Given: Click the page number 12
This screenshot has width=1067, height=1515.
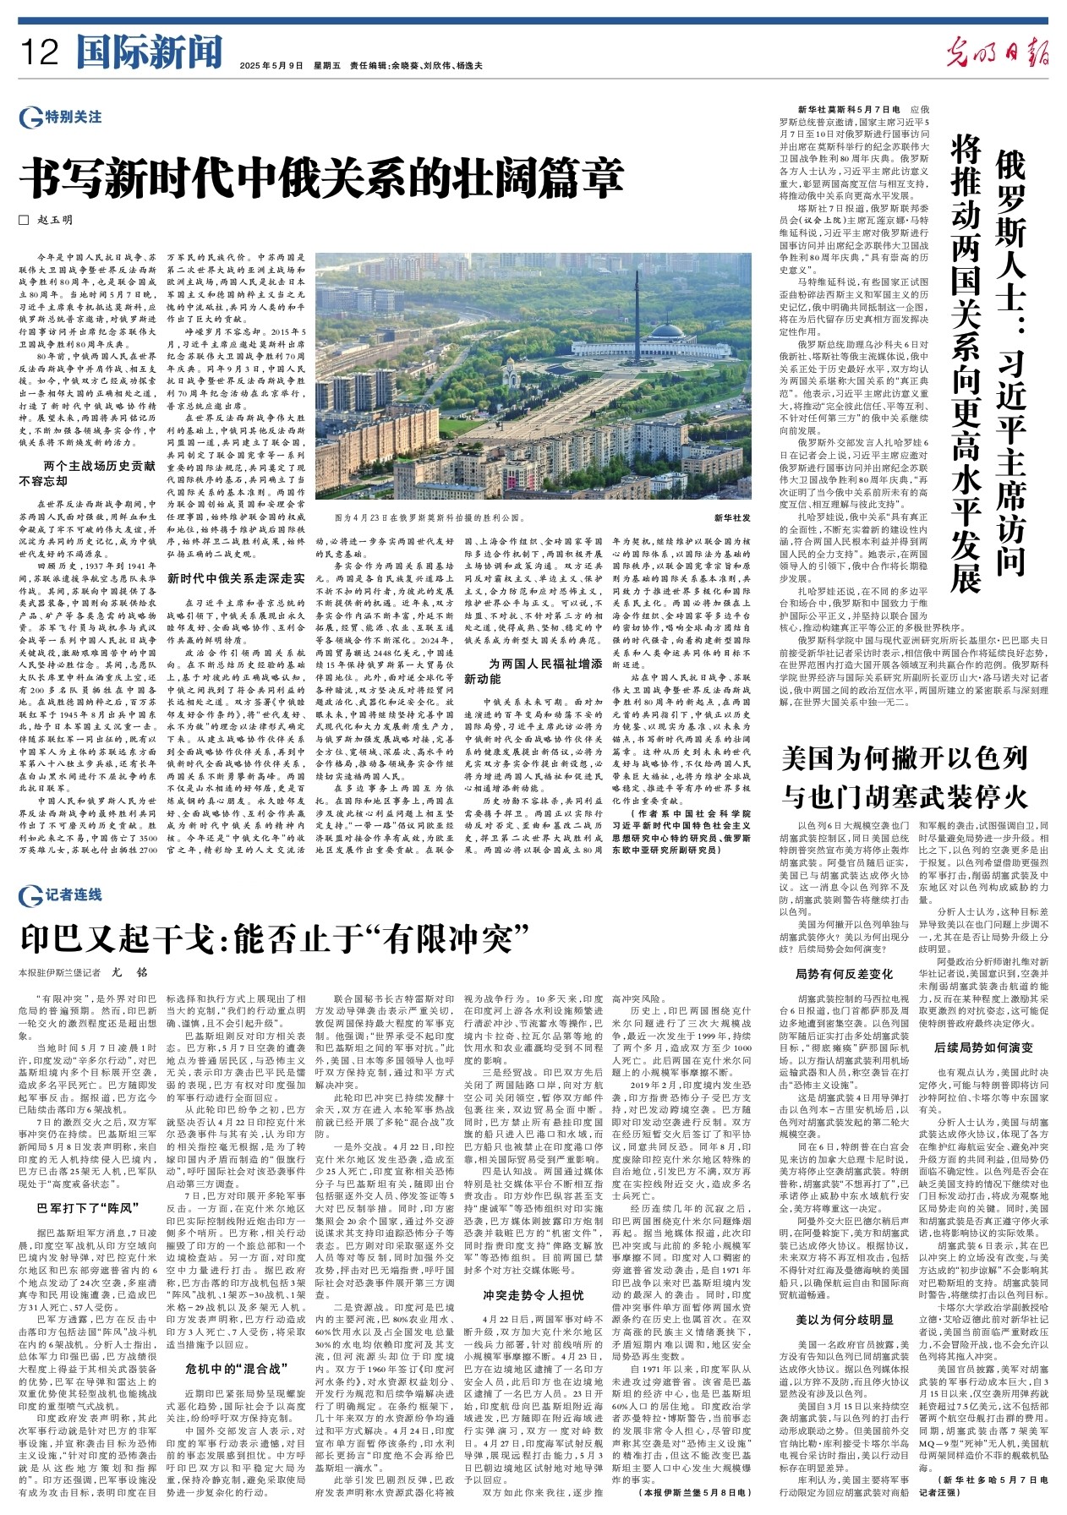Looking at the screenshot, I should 40,52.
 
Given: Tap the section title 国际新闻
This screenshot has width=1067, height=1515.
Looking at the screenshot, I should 149,52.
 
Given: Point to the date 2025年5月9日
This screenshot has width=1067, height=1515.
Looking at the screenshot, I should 271,65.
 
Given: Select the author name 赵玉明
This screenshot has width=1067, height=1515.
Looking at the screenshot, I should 55,220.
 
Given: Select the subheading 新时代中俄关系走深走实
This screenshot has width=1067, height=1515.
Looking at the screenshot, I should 236,578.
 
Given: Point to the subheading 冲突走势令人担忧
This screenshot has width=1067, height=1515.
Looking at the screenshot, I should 533,1294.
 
